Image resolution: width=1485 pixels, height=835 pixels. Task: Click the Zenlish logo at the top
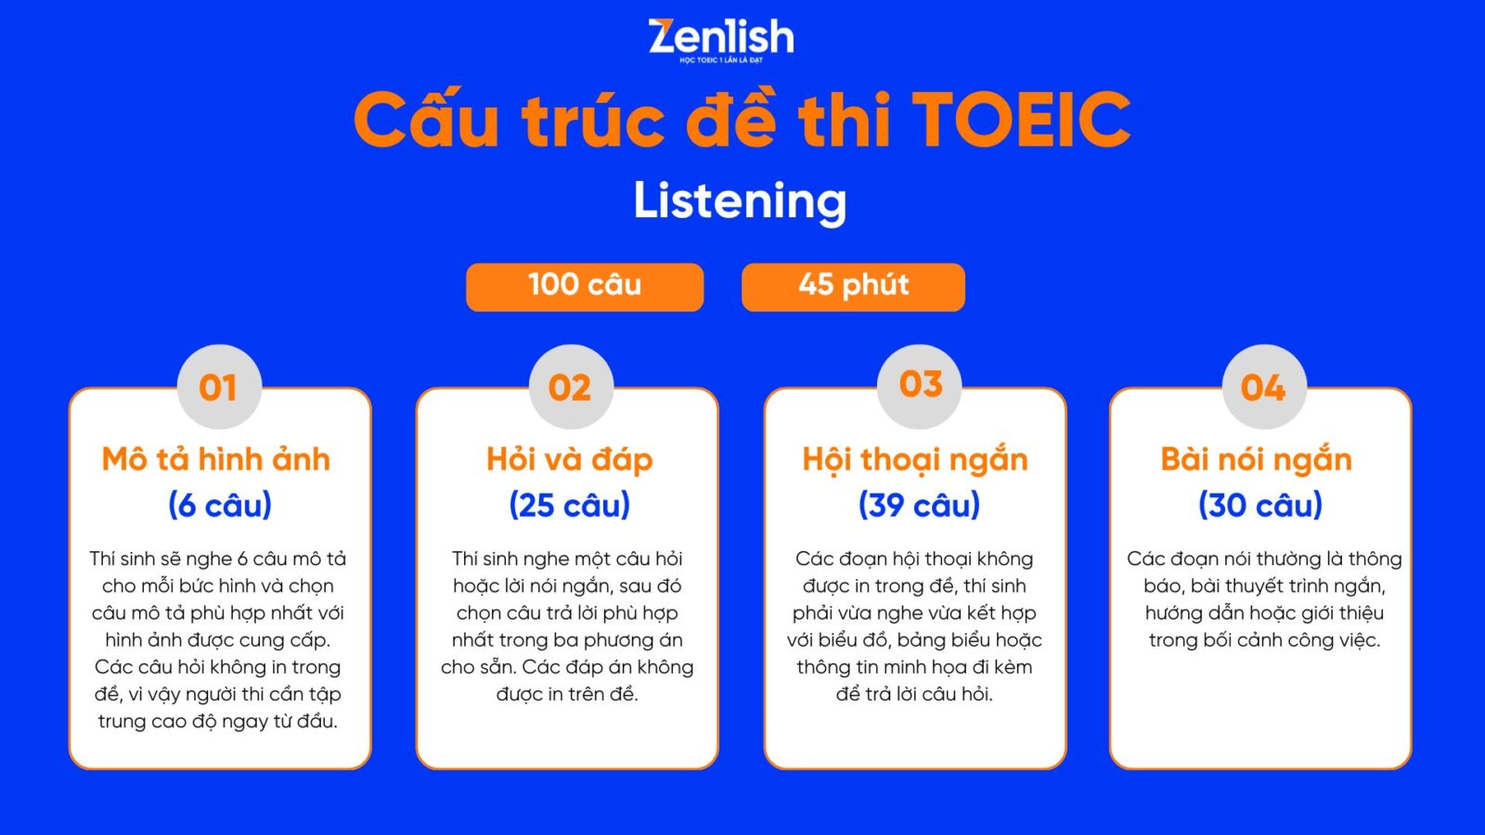click(x=720, y=41)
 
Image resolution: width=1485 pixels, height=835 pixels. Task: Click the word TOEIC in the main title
click(x=1021, y=120)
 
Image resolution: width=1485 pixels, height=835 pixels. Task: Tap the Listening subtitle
click(x=740, y=202)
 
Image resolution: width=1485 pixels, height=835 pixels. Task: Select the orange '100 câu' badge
click(x=585, y=287)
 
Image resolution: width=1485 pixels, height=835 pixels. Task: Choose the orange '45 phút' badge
click(x=853, y=287)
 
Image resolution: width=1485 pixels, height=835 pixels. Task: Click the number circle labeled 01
click(x=219, y=387)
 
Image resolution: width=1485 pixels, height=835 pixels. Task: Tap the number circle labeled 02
click(x=571, y=387)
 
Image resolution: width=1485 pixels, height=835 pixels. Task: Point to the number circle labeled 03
click(x=920, y=387)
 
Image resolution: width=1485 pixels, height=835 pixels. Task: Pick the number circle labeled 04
click(x=1264, y=387)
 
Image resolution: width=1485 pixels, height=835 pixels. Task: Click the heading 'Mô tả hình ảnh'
click(x=216, y=459)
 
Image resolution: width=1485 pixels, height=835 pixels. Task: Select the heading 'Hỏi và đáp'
click(x=570, y=460)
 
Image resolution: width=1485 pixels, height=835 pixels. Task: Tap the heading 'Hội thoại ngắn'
click(x=915, y=460)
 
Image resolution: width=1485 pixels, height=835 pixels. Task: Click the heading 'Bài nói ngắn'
click(x=1257, y=460)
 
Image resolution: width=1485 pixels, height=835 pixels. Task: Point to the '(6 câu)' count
click(x=219, y=505)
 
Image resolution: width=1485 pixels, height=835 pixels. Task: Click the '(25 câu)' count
click(x=570, y=505)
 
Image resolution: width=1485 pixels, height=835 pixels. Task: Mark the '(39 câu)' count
click(x=919, y=505)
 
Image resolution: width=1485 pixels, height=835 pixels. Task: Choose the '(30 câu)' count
click(x=1260, y=505)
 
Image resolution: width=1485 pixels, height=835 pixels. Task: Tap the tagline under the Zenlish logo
click(x=720, y=60)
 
